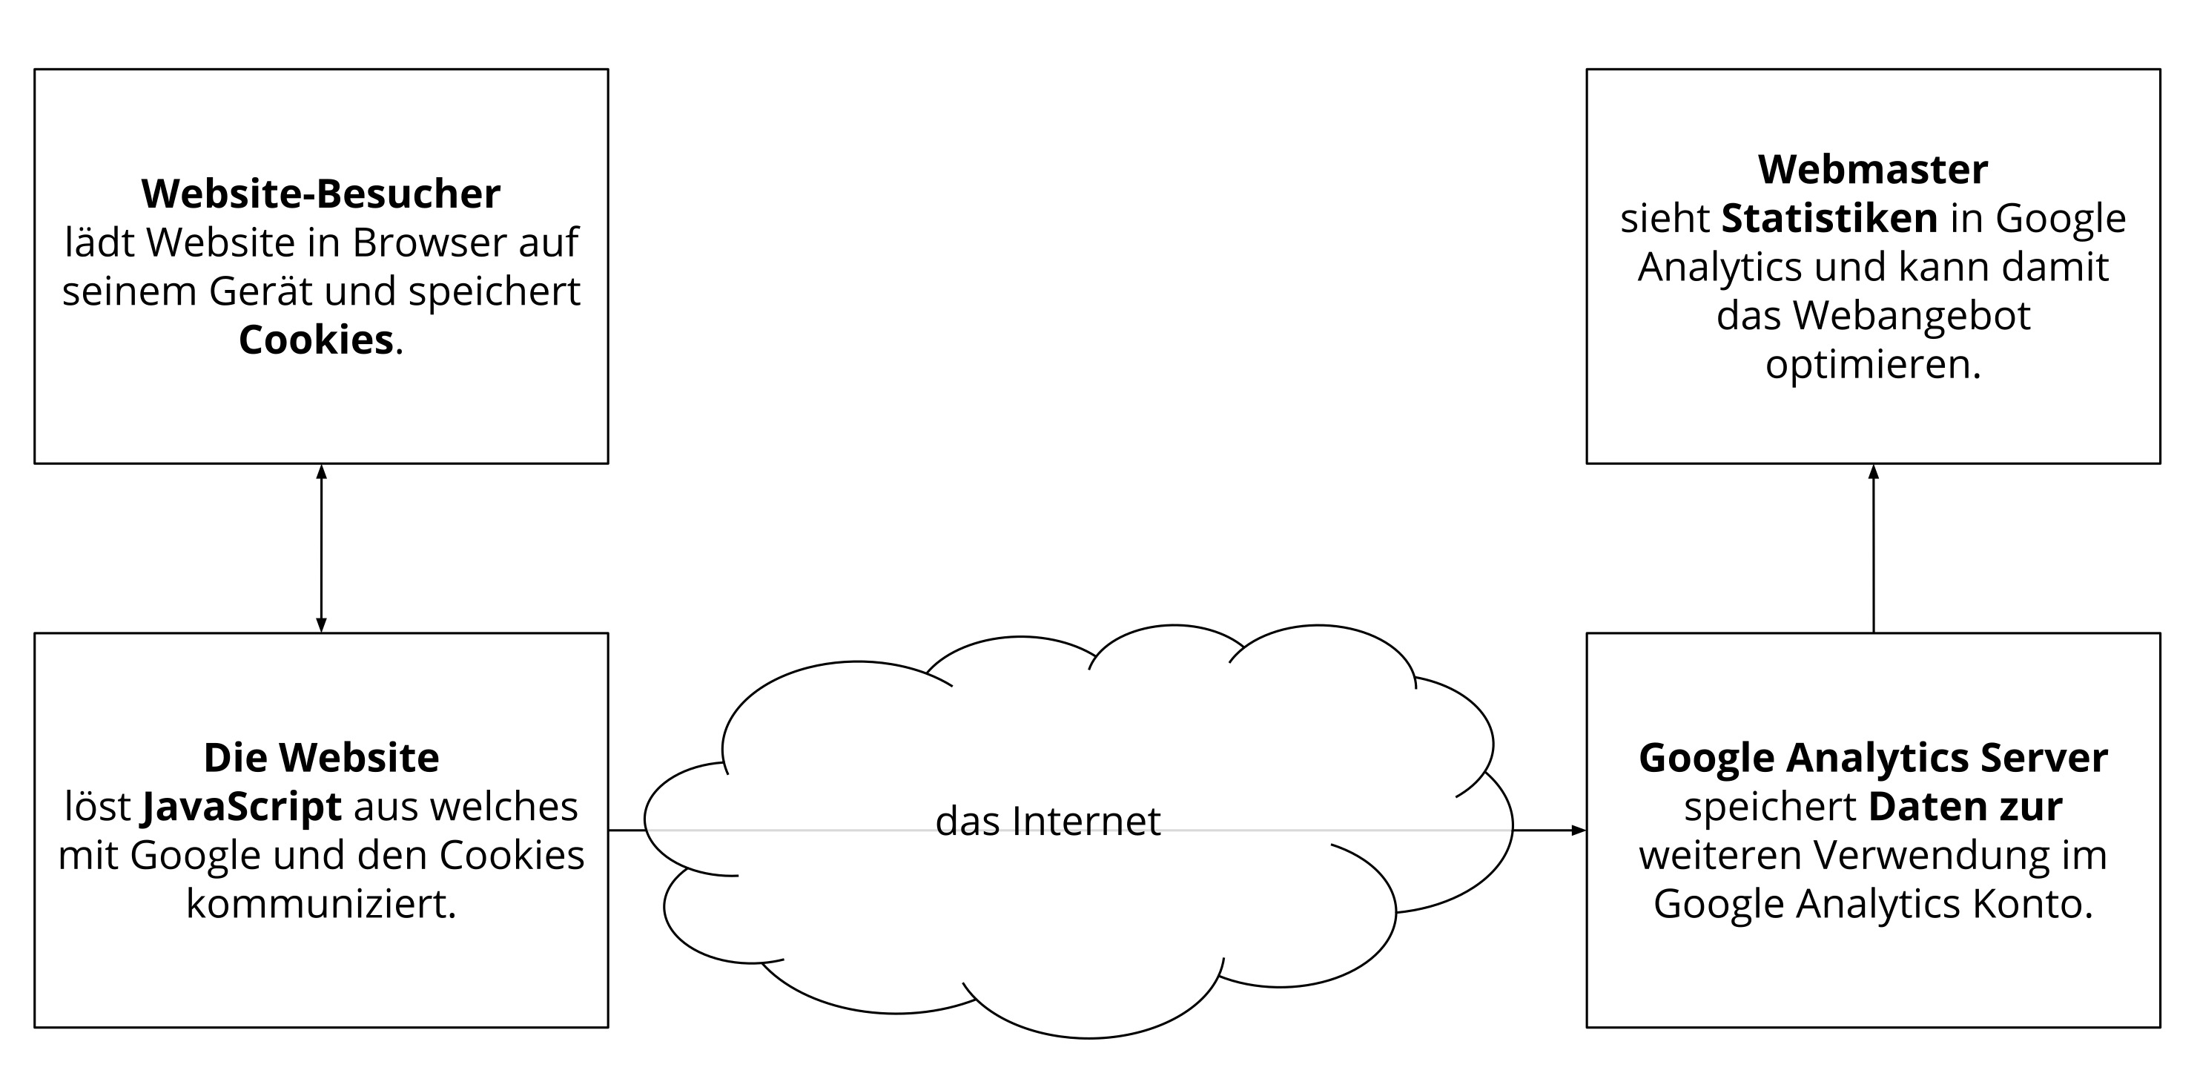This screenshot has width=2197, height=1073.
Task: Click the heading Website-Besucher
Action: (x=320, y=194)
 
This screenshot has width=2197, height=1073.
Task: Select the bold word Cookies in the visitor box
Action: (x=316, y=340)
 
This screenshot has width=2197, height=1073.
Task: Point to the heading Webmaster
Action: (x=1872, y=170)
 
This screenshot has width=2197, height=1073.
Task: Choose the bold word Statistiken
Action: (x=1828, y=218)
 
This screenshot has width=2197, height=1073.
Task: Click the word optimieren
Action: (x=1872, y=365)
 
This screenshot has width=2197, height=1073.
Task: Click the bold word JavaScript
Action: (x=242, y=808)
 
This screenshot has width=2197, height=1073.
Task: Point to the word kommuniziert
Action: (x=320, y=905)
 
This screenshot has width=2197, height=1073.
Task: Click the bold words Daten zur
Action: (x=1965, y=807)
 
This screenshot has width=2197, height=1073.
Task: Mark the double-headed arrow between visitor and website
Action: (x=320, y=549)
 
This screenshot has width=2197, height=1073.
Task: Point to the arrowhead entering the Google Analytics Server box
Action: (x=1578, y=830)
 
